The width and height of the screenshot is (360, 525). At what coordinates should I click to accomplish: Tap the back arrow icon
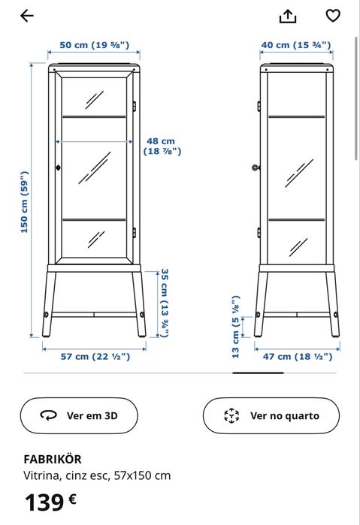coord(27,16)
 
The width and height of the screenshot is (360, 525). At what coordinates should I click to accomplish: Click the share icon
coord(288,16)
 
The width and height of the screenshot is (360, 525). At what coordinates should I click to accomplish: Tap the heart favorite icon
coord(332,16)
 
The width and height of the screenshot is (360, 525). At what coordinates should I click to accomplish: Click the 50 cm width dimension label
coord(95,45)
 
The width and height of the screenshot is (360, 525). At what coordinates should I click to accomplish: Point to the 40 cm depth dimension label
coord(296,45)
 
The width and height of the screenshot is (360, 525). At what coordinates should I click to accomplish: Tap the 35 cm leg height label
coord(165,303)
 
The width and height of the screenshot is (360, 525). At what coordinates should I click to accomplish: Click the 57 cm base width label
coord(95,356)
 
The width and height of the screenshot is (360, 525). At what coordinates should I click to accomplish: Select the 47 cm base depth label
coord(296,356)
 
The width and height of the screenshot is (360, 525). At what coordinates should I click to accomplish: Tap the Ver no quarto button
coord(271,415)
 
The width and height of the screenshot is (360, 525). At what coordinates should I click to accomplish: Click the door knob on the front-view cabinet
coord(56,167)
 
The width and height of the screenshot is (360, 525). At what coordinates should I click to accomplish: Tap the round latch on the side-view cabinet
coord(256,167)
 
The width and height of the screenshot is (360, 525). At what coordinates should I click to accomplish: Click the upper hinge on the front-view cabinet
coord(135,106)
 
